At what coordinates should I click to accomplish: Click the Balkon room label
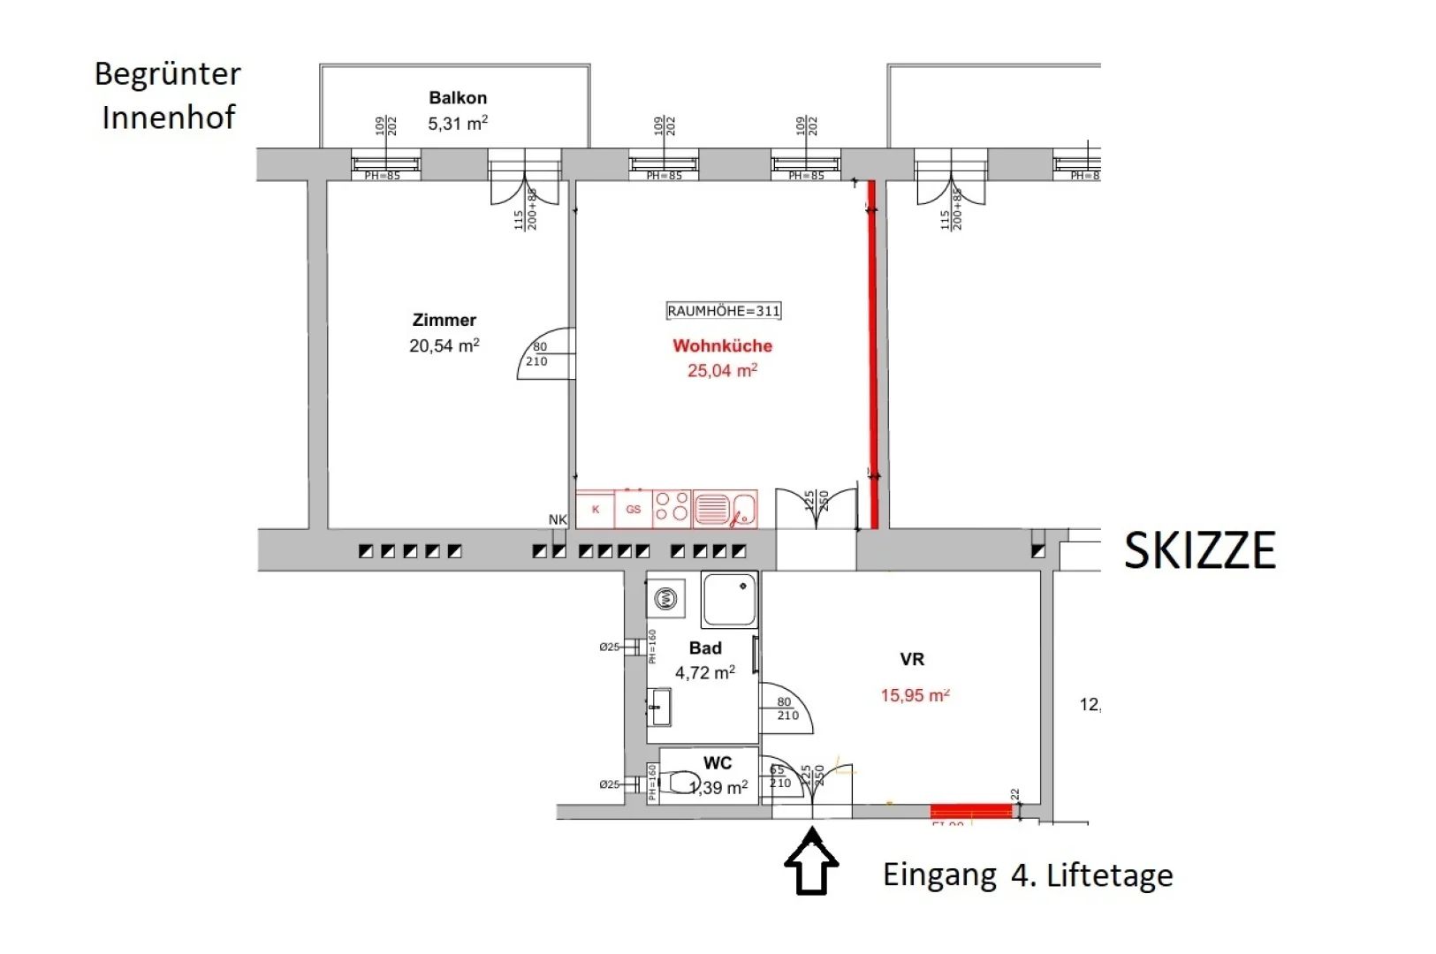click(x=458, y=98)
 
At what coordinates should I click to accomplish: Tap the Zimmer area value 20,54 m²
click(x=444, y=345)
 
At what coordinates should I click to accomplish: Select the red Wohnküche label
click(x=722, y=345)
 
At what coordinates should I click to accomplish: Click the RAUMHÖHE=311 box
click(x=724, y=311)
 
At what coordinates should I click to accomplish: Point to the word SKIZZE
click(x=1199, y=551)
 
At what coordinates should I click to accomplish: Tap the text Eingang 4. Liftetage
click(x=1028, y=875)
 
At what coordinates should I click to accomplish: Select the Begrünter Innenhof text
click(x=168, y=95)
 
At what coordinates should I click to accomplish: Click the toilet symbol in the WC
click(x=681, y=783)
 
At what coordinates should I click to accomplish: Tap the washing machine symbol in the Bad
click(x=665, y=600)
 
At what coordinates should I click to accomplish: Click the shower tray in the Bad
click(x=729, y=600)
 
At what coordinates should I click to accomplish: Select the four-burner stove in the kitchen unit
click(x=672, y=510)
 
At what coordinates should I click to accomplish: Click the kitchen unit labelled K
click(x=596, y=510)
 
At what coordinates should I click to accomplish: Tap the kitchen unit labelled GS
click(x=633, y=510)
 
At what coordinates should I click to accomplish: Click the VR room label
click(x=912, y=659)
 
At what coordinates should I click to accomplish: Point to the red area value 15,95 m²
click(x=915, y=695)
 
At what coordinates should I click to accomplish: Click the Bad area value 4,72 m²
click(x=704, y=672)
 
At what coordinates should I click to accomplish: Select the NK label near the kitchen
click(x=558, y=519)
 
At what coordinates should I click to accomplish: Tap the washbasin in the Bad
click(x=659, y=708)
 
